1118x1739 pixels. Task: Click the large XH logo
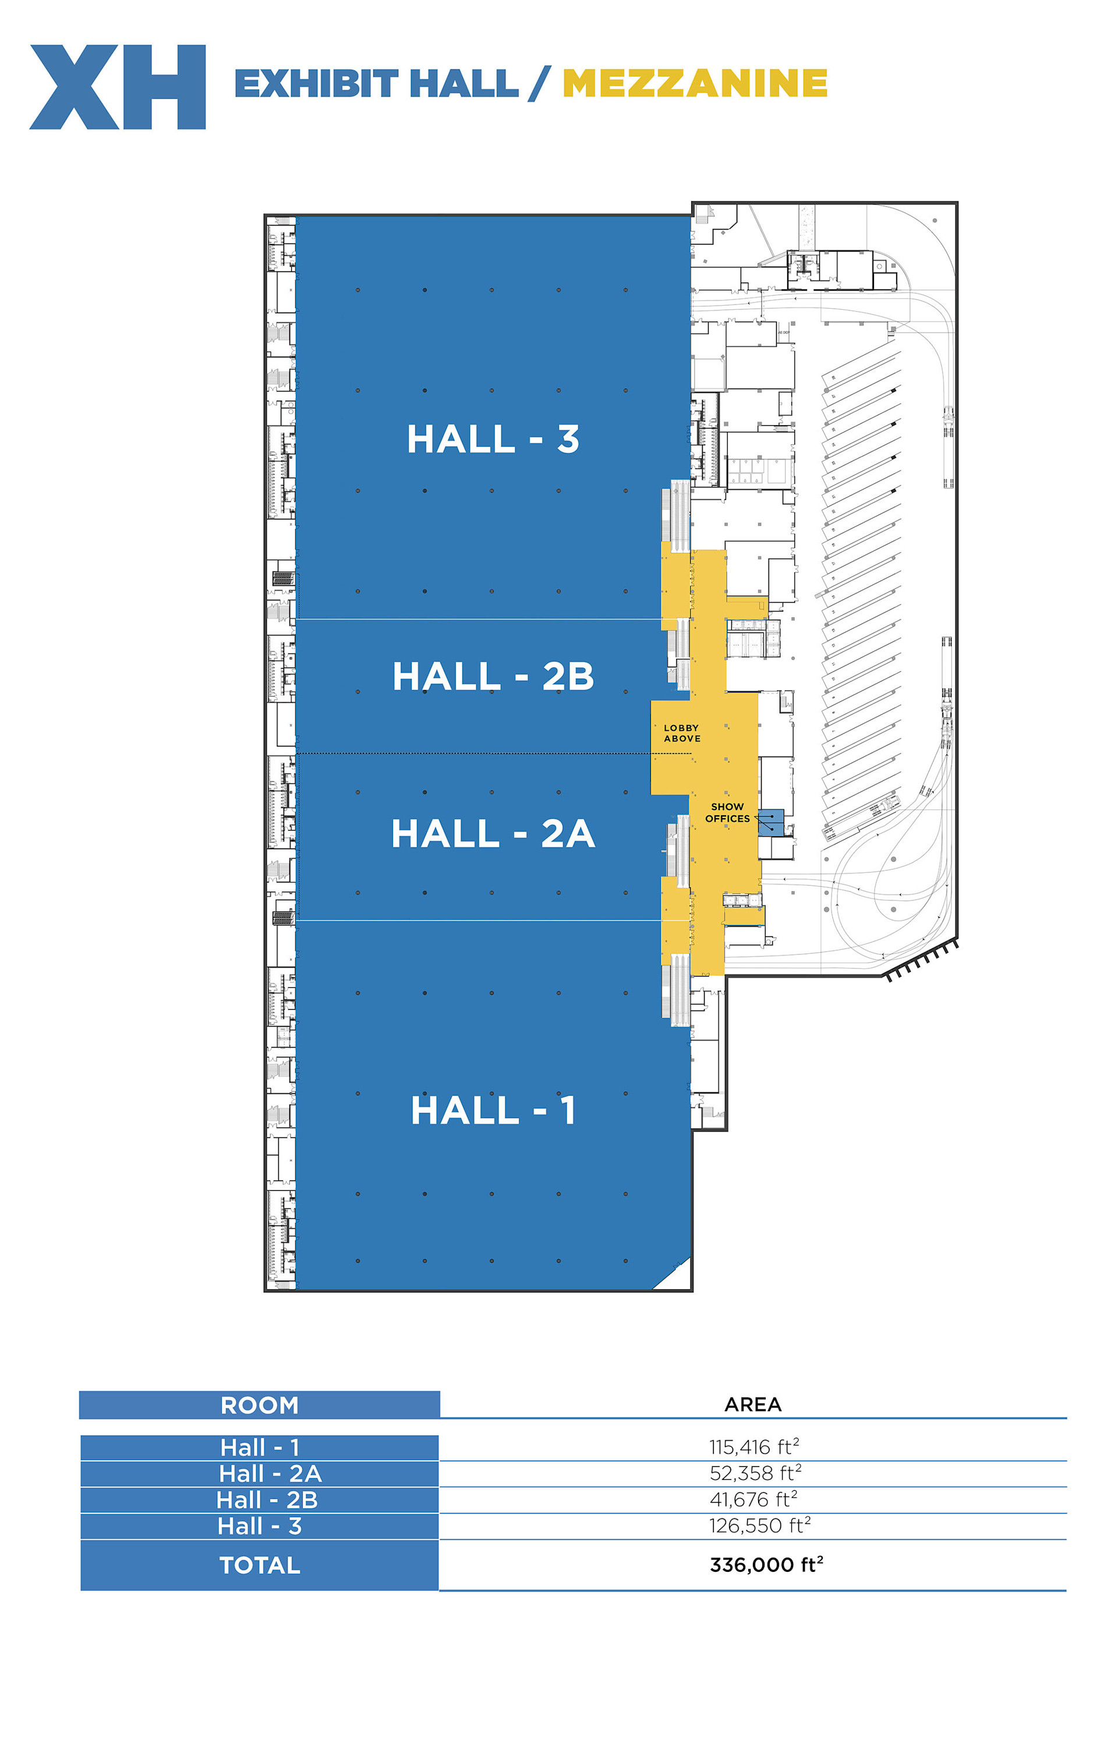tap(118, 87)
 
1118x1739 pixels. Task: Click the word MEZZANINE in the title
tap(695, 83)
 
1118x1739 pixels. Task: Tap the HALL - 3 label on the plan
tap(493, 439)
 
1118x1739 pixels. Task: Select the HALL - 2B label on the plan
tap(493, 676)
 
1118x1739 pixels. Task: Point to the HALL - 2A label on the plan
tap(493, 833)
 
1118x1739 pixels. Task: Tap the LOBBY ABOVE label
tap(682, 733)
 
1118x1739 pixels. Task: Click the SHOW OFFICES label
tap(727, 812)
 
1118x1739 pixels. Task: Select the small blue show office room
tap(771, 823)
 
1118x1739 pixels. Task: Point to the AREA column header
tap(753, 1404)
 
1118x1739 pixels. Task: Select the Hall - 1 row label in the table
tap(260, 1447)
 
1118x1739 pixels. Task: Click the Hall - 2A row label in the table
tap(270, 1473)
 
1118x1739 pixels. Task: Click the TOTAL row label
tap(260, 1565)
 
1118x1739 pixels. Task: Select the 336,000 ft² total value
tap(766, 1564)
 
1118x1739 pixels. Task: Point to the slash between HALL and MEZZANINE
tap(540, 83)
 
